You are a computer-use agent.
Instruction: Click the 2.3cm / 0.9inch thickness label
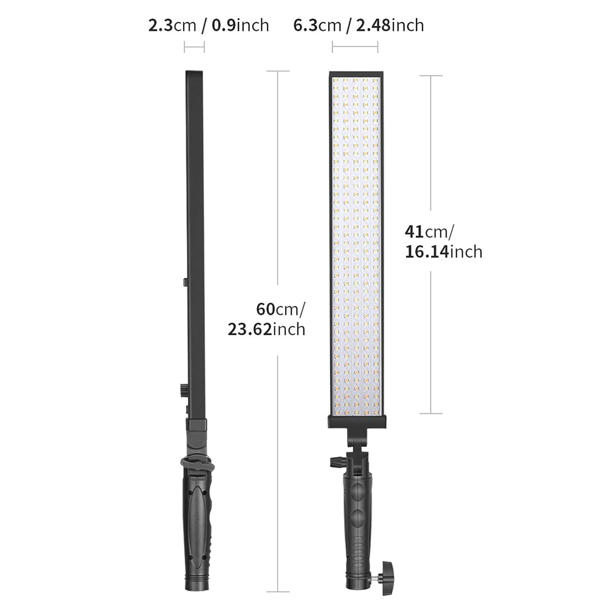click(x=209, y=26)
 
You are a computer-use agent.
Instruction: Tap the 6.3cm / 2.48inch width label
click(x=359, y=26)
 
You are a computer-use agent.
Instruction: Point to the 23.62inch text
click(x=266, y=329)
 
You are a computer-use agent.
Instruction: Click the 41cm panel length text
click(x=429, y=232)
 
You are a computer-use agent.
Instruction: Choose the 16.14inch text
click(x=444, y=252)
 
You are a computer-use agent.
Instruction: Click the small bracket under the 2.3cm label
click(x=195, y=48)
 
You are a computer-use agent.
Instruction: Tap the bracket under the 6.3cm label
click(x=355, y=48)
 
